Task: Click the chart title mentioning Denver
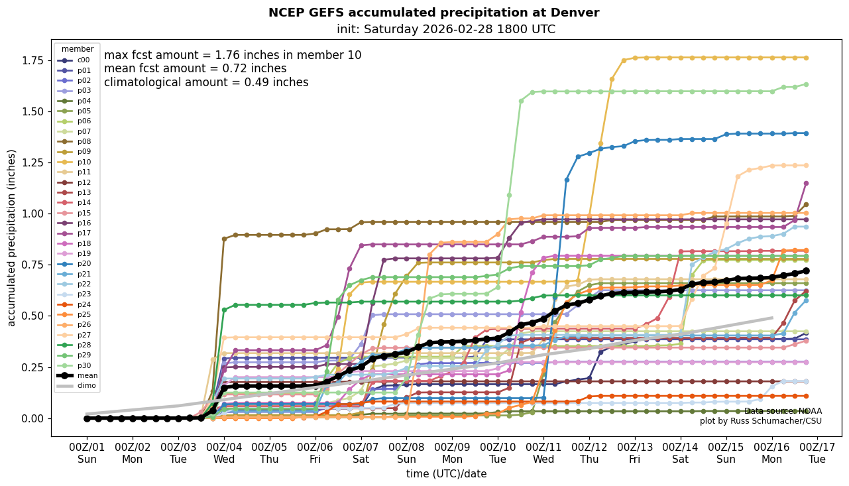(x=433, y=13)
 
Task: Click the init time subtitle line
(x=445, y=29)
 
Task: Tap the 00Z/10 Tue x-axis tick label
(x=498, y=453)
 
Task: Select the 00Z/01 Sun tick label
(x=87, y=453)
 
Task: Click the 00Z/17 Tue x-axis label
(x=818, y=453)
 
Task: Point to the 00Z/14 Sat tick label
(x=681, y=453)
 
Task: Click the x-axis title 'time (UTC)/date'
(x=446, y=474)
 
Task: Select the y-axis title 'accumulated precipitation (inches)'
(x=12, y=237)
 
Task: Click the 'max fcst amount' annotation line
(x=233, y=55)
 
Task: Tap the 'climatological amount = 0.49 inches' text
(x=206, y=82)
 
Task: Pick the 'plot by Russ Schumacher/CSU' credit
(x=760, y=421)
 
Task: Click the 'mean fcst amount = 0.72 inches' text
(x=196, y=68)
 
